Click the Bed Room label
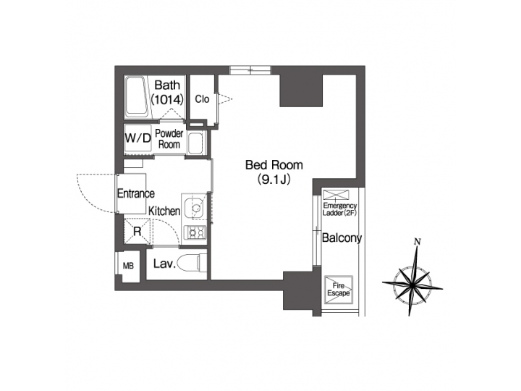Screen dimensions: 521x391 [274, 165]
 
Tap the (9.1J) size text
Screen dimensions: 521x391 [274, 180]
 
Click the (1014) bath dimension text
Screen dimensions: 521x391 [167, 99]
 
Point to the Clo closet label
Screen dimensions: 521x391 [202, 98]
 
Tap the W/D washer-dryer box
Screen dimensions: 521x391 [138, 138]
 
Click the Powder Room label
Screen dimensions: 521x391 [169, 138]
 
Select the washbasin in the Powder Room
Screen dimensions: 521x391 [196, 143]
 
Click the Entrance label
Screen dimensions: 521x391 [136, 193]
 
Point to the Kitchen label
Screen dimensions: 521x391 [164, 211]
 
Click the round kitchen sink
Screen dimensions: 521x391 [195, 208]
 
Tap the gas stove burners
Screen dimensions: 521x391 [195, 232]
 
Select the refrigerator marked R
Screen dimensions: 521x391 [137, 230]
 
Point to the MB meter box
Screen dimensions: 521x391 [128, 266]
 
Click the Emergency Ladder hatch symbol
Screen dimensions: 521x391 [336, 195]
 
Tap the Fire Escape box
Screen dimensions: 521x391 [338, 289]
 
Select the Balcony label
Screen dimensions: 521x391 [342, 238]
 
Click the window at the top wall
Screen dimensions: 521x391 [250, 70]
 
